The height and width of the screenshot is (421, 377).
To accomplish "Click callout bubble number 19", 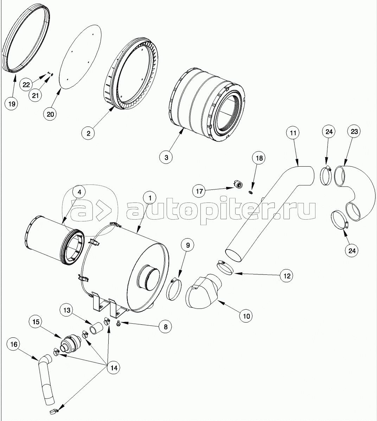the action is tap(12, 104).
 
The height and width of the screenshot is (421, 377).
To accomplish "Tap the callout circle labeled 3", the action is tap(166, 157).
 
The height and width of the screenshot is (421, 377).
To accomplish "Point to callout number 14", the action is tap(114, 368).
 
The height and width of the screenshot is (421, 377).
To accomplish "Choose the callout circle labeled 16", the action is tap(14, 344).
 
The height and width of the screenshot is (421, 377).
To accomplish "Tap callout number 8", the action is tap(166, 326).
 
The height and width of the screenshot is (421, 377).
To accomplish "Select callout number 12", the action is tap(287, 276).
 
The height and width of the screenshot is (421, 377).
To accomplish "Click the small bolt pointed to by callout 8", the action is tap(118, 325).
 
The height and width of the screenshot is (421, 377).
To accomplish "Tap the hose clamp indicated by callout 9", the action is tap(173, 290).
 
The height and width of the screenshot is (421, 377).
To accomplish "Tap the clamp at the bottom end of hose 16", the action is tap(53, 411).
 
